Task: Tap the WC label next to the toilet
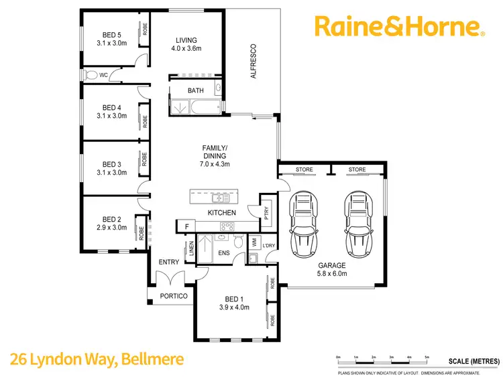103,75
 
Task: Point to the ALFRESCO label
254,62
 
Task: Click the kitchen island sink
220,198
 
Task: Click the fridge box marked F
186,228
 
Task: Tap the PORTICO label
172,296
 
